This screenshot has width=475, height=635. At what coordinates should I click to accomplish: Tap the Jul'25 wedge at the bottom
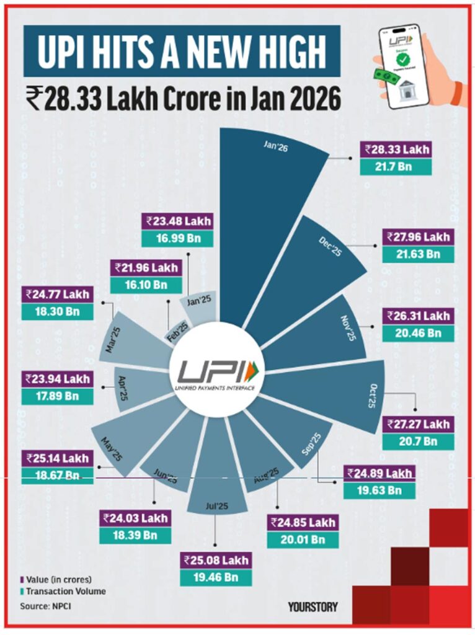pyautogui.click(x=215, y=477)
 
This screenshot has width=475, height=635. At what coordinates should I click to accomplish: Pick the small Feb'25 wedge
pyautogui.click(x=177, y=329)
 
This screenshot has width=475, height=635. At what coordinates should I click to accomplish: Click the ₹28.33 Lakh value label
pyautogui.click(x=397, y=149)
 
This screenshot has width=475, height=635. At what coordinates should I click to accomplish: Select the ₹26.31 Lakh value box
pyautogui.click(x=417, y=316)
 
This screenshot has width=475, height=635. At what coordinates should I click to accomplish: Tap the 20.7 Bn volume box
pyautogui.click(x=417, y=442)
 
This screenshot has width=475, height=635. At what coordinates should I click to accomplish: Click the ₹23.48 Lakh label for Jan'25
pyautogui.click(x=178, y=221)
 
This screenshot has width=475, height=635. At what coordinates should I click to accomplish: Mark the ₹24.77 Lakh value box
pyautogui.click(x=57, y=294)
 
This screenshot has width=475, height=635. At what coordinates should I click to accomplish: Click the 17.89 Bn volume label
pyautogui.click(x=57, y=395)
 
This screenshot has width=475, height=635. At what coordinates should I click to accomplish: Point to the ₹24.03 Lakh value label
pyautogui.click(x=135, y=518)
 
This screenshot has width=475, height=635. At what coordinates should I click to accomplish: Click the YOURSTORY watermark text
pyautogui.click(x=313, y=606)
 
